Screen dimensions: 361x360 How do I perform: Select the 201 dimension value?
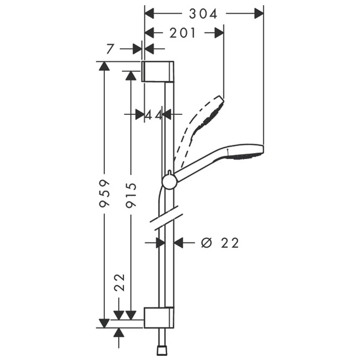pyautogui.click(x=183, y=32)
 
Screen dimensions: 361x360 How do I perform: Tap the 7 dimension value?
pyautogui.click(x=110, y=49)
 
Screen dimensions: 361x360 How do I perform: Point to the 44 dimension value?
pyautogui.click(x=153, y=114)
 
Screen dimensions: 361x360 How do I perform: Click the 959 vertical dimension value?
pyautogui.click(x=104, y=193)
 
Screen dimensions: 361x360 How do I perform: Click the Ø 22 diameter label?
pyautogui.click(x=220, y=243)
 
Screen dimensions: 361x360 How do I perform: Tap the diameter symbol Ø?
pyautogui.click(x=206, y=243)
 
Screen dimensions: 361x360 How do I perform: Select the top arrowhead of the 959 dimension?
pyautogui.click(x=104, y=66)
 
